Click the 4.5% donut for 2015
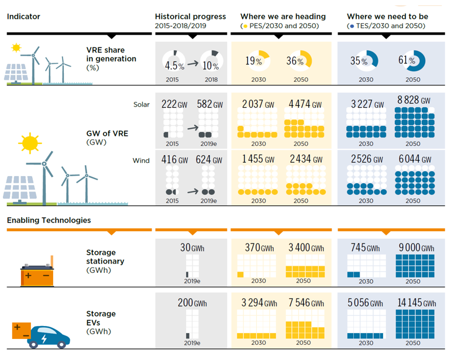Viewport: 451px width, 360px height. point(174,61)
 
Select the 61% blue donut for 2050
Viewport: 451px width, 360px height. point(412,60)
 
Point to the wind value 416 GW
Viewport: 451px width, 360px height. point(174,159)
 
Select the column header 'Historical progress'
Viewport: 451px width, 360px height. point(190,16)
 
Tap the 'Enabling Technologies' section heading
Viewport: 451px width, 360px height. point(49,220)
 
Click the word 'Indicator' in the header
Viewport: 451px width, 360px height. point(23,16)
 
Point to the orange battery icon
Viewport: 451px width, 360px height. point(37,272)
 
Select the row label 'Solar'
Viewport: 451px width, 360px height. point(141,105)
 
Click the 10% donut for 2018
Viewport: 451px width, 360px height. point(211,61)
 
